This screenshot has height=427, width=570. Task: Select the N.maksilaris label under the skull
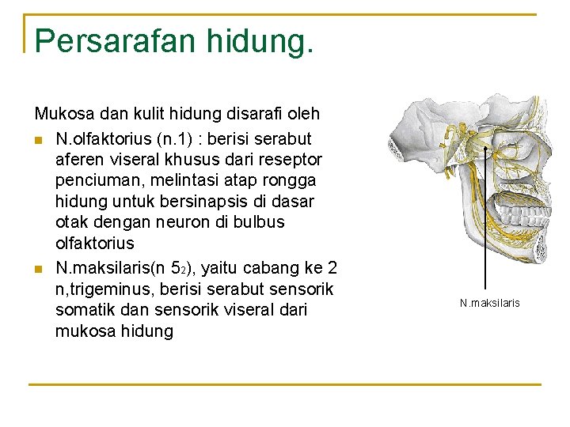(x=490, y=303)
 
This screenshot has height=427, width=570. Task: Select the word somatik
(x=85, y=310)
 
